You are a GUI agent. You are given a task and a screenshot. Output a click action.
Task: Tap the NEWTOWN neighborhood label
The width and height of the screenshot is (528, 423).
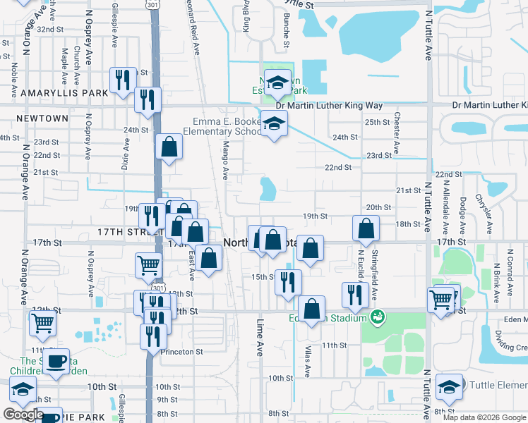[42, 118]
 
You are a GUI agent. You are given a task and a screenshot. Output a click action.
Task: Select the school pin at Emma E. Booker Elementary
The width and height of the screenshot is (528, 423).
[273, 124]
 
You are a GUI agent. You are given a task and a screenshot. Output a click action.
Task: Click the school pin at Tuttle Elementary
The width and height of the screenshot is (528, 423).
[449, 387]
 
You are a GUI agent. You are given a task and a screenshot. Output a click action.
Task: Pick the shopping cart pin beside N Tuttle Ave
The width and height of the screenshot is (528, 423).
[441, 299]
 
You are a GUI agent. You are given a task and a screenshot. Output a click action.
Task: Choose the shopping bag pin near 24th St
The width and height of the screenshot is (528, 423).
[169, 147]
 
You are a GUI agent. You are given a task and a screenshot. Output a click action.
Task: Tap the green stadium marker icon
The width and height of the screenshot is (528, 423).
[378, 317]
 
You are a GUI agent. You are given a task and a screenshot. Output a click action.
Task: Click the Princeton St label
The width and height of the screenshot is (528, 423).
[181, 351]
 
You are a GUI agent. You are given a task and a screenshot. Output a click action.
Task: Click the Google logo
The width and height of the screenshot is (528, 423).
[23, 415]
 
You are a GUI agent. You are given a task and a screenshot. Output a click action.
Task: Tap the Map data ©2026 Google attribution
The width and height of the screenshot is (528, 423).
[485, 417]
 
